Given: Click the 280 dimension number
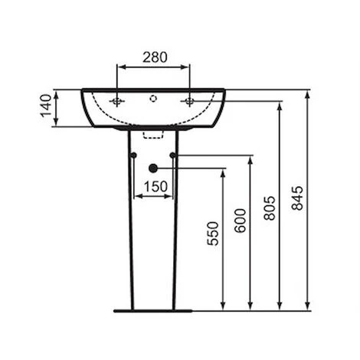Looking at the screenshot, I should (153, 56).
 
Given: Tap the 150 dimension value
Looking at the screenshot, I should (154, 186).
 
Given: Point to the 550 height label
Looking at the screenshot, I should (212, 233).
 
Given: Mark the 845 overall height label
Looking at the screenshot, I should (297, 198).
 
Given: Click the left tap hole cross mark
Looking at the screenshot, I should (117, 100).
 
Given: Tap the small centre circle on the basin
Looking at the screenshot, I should (153, 97).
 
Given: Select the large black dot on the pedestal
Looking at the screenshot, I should (153, 168).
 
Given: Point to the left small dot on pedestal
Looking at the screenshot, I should (134, 156).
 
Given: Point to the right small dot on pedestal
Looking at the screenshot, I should (173, 156).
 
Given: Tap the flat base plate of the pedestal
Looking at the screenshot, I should (153, 310).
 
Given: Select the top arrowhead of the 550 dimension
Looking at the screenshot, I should (223, 172).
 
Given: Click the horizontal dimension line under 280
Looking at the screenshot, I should (153, 67).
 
